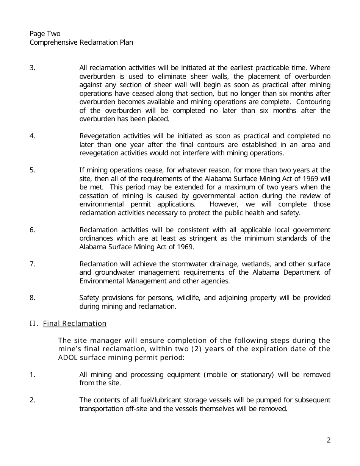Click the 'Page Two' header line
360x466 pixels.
point(45,34)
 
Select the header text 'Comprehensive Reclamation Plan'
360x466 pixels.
point(81,42)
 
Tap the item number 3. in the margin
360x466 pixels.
point(32,68)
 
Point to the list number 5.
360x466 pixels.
point(32,170)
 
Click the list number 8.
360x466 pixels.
point(32,298)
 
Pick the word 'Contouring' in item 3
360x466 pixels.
point(313,102)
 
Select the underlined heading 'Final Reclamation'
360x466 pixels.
point(75,324)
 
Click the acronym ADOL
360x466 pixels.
point(67,357)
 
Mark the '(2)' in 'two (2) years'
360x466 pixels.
point(198,349)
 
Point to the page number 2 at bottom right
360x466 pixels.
point(328,440)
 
